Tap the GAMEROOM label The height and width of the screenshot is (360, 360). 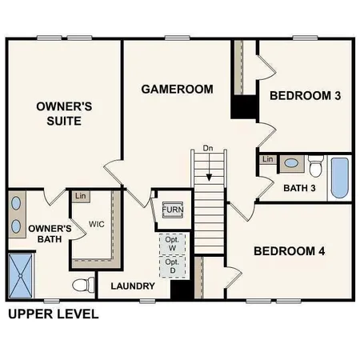tap(177, 89)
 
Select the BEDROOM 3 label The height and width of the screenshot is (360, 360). tap(305, 96)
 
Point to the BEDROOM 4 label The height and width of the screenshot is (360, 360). tap(289, 251)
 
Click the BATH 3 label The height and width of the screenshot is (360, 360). tap(300, 188)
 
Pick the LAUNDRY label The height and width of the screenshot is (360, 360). tap(132, 286)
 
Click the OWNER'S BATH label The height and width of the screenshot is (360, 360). tap(50, 233)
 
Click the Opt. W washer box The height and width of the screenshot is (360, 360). tap(172, 243)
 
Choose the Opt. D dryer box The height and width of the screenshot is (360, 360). tap(172, 266)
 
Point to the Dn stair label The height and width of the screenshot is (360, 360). tap(208, 148)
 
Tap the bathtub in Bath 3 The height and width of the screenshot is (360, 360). tap(340, 178)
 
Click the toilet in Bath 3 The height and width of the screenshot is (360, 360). tap(314, 168)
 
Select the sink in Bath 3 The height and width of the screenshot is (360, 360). tap(291, 163)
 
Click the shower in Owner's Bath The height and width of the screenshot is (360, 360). tap(23, 274)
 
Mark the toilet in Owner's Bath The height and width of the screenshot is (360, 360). tap(82, 284)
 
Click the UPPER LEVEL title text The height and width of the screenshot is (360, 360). tap(53, 314)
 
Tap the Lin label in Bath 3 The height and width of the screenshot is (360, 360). tap(267, 160)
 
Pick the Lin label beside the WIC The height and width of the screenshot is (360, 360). tap(80, 196)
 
